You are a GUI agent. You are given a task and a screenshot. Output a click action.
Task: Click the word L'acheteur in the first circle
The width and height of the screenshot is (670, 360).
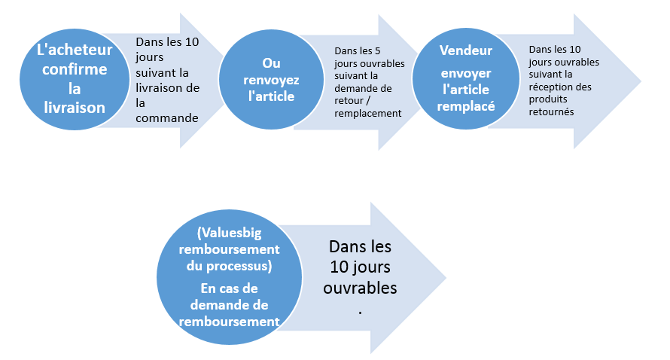[75, 50]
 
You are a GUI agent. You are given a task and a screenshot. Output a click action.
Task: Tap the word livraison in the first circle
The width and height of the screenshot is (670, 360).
[75, 107]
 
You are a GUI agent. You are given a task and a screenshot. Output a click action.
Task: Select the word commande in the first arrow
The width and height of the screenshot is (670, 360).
[167, 118]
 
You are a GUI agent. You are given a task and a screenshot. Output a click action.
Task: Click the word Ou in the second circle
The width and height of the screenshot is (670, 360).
[271, 63]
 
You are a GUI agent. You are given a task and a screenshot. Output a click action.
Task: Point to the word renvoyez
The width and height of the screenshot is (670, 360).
[271, 80]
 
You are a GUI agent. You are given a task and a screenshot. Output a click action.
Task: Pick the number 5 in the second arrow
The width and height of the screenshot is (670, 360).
[377, 51]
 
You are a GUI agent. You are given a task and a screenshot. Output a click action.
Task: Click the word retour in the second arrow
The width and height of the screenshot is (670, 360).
[349, 101]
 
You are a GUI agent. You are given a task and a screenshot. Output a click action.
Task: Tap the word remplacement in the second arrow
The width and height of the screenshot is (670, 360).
[368, 113]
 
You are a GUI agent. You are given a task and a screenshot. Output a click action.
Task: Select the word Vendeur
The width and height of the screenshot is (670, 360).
[466, 50]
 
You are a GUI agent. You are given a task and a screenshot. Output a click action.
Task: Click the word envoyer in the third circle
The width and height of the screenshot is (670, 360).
[466, 74]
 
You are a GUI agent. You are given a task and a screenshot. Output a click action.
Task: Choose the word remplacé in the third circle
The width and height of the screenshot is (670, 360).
[466, 106]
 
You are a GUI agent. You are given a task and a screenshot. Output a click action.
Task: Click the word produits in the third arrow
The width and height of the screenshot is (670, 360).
[548, 99]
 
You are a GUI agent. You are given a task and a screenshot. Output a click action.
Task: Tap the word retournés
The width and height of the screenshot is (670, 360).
[551, 112]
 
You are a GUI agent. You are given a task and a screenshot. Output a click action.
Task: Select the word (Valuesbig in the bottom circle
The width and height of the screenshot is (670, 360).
[229, 233]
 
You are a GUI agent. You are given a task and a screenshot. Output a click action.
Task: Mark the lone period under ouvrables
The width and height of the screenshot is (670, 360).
[360, 313]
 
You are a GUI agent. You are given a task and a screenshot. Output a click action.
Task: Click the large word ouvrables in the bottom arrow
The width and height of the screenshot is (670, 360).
[360, 288]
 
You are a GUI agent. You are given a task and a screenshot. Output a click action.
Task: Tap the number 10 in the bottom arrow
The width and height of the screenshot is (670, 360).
[340, 267]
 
